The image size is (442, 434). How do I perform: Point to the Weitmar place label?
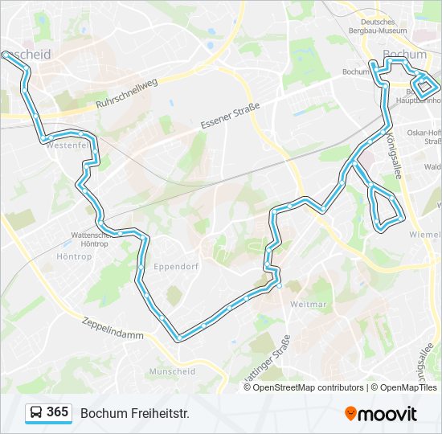coord(308,304)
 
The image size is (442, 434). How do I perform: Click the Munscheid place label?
coord(172,371)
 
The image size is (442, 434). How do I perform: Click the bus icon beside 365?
coord(35,413)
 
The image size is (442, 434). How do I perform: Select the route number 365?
coord(57,412)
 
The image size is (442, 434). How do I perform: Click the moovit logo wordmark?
coord(388,413)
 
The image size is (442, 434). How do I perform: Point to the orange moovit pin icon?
coord(350,413)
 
